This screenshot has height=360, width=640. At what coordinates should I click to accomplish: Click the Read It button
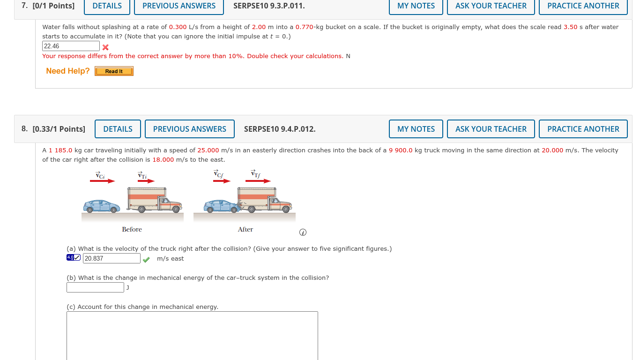pyautogui.click(x=114, y=71)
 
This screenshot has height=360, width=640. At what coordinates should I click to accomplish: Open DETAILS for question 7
pyautogui.click(x=107, y=6)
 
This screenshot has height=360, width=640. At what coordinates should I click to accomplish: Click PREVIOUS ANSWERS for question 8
pyautogui.click(x=189, y=129)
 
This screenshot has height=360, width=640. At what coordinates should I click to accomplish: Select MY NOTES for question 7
pyautogui.click(x=416, y=6)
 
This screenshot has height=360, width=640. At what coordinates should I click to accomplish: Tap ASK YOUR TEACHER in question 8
pyautogui.click(x=491, y=129)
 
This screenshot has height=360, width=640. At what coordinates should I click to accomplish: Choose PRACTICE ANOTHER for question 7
pyautogui.click(x=583, y=6)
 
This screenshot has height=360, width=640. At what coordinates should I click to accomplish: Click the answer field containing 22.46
pyautogui.click(x=71, y=46)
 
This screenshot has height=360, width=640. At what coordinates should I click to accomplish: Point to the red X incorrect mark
pyautogui.click(x=106, y=47)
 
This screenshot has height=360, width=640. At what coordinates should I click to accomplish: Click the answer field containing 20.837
pyautogui.click(x=112, y=258)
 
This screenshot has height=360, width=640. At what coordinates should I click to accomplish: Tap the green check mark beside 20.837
pyautogui.click(x=146, y=259)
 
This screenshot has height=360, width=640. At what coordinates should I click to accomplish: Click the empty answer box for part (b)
pyautogui.click(x=95, y=287)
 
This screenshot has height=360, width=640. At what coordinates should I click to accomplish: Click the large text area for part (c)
pyautogui.click(x=192, y=335)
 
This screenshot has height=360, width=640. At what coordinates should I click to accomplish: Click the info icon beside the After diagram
pyautogui.click(x=303, y=232)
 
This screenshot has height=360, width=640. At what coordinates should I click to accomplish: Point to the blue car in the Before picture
pyautogui.click(x=102, y=206)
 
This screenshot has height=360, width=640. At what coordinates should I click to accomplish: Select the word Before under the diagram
pyautogui.click(x=132, y=229)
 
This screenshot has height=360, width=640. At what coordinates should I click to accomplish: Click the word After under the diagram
pyautogui.click(x=245, y=229)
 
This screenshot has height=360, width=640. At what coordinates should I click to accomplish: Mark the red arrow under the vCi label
pyautogui.click(x=102, y=181)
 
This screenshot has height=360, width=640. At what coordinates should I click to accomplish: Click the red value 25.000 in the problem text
pyautogui.click(x=208, y=150)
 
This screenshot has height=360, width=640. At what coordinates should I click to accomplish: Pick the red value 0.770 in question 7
pyautogui.click(x=304, y=27)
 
